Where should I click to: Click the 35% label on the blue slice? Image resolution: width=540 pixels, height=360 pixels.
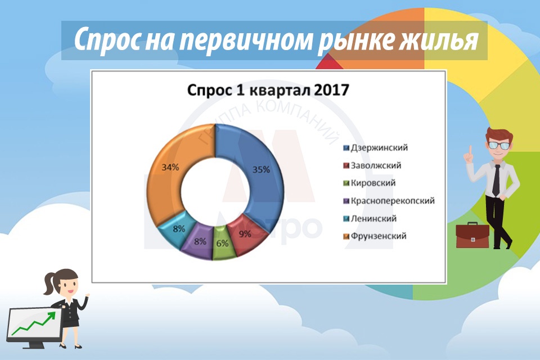pos(261,169)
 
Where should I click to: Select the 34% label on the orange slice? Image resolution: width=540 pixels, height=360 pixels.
pos(170,168)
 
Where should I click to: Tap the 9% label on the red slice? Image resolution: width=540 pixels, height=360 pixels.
pos(245,234)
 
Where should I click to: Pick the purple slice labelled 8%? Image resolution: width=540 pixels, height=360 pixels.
pos(197,240)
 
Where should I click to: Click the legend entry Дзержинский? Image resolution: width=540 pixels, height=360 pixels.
pos(375,148)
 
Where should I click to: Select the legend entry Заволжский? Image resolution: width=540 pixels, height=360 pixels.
pos(372,165)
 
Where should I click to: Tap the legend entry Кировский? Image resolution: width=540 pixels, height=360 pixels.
pos(369,183)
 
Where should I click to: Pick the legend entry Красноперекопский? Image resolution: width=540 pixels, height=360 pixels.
pos(389,201)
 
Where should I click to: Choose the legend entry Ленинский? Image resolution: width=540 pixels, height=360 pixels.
pos(370,218)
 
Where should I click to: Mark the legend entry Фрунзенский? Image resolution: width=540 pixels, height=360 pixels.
pos(375,236)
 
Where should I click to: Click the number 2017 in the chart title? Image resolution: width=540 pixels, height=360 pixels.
pos(331,90)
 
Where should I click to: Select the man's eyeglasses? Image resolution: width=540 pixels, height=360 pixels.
pos(498,145)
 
